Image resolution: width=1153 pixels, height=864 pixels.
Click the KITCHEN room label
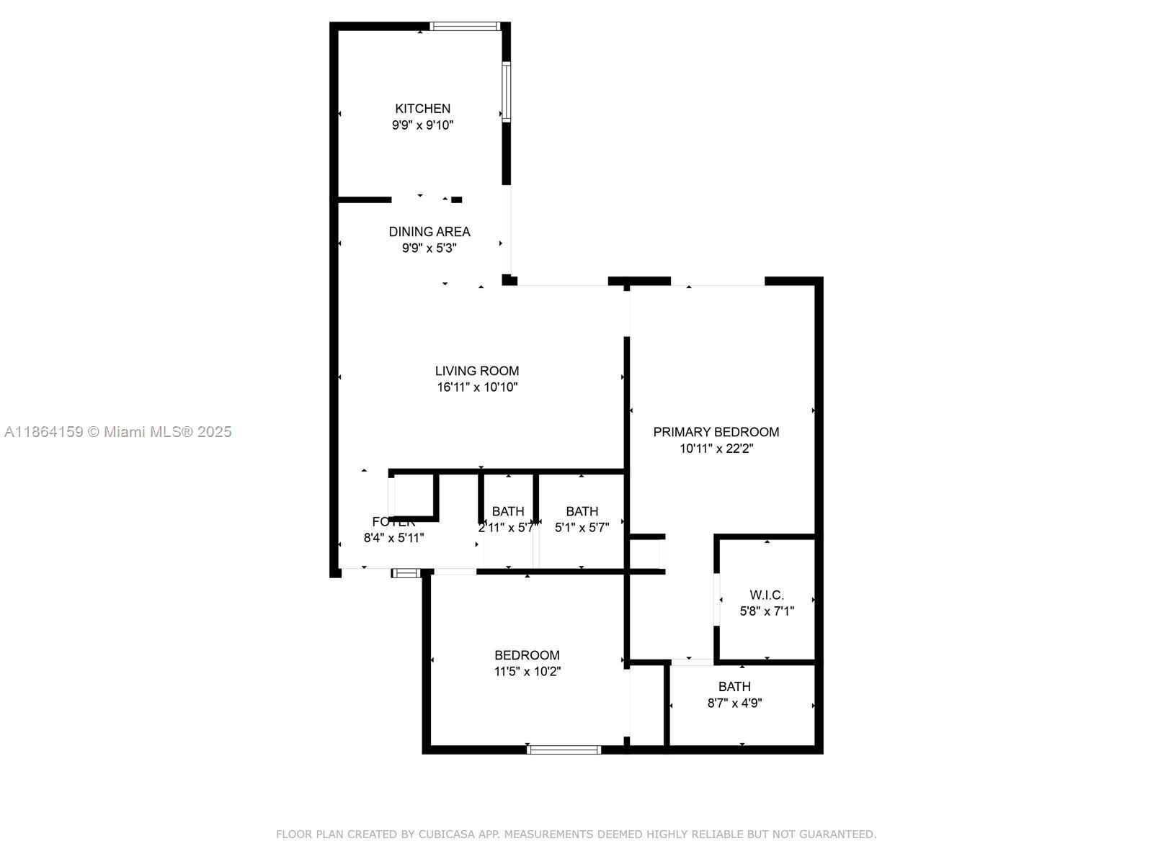pos(422,109)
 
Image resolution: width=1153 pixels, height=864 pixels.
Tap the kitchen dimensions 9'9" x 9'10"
pos(422,125)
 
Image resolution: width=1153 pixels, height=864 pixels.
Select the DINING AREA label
pos(429,232)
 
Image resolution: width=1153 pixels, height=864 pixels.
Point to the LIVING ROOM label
pos(477,371)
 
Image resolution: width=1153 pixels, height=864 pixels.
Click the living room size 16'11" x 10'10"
pos(477,387)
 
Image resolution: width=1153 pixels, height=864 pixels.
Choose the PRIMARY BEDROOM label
pos(716,432)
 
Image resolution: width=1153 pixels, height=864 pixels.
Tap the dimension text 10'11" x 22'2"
pos(716,449)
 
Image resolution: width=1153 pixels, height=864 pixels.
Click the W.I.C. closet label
pos(767,595)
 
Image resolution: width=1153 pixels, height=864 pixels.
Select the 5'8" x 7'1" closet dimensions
pos(767,611)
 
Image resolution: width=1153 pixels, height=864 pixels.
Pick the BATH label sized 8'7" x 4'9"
pos(734,687)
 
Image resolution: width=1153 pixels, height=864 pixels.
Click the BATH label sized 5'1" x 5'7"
pos(582,511)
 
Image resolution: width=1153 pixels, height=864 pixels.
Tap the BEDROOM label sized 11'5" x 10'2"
pos(527,655)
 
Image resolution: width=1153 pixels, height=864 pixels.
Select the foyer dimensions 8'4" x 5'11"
pos(393,538)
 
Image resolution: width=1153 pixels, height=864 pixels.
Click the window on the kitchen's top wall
pos(465,27)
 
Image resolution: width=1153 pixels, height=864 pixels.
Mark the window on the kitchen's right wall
pos(507,92)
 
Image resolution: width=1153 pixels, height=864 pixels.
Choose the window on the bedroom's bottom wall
pos(564,750)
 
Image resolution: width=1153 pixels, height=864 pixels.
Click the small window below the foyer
pos(406,573)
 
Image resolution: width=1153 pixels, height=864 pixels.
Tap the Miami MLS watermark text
pos(118,432)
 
